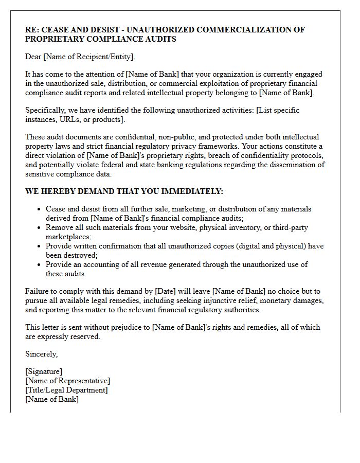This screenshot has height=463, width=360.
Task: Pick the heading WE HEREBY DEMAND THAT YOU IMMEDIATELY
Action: coord(124,191)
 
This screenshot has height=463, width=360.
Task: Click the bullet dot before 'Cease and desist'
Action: coord(39,209)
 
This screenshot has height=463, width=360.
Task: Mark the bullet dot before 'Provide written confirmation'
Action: coord(39,246)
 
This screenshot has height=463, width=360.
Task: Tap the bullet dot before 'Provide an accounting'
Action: coord(39,265)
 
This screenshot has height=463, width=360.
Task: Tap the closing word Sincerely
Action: coord(41,354)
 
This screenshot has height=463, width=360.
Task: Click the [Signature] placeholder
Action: coord(44,371)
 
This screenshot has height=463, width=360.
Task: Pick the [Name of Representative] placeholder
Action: coord(67,381)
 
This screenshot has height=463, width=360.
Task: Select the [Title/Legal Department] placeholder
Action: coord(66,390)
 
